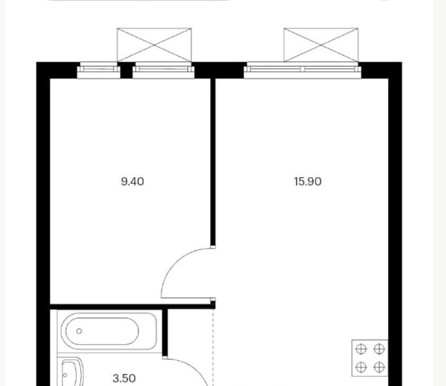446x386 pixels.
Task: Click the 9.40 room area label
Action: [133, 181]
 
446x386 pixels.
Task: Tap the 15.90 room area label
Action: [308, 181]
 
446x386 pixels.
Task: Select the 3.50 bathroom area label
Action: [124, 378]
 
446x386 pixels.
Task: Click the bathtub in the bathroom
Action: [109, 332]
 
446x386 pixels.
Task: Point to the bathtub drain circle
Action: [79, 331]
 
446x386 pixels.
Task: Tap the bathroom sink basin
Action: [72, 373]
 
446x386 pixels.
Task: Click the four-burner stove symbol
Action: [370, 358]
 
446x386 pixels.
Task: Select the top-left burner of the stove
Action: [361, 349]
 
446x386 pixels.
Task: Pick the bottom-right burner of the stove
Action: [379, 367]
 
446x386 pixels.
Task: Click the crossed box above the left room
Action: [154, 45]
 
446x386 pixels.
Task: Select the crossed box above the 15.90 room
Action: [321, 45]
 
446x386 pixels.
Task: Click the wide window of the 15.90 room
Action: [303, 70]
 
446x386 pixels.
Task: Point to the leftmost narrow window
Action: [99, 70]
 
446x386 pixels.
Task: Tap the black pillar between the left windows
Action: [126, 70]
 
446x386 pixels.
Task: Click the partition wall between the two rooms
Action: [213, 162]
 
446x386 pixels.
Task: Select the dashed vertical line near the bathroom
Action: [213, 347]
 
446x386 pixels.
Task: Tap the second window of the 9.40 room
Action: [163, 70]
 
